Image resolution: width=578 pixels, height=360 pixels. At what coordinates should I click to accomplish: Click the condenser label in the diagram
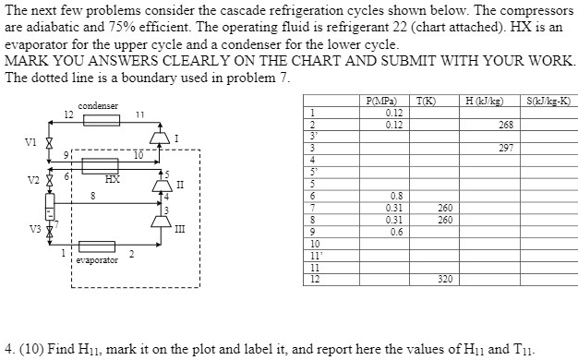pyautogui.click(x=98, y=106)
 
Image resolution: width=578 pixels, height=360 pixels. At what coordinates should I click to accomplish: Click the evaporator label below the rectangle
pyautogui.click(x=97, y=261)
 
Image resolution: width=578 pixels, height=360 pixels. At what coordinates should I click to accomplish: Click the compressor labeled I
pyautogui.click(x=157, y=139)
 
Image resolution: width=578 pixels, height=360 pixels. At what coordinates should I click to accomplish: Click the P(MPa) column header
pyautogui.click(x=380, y=101)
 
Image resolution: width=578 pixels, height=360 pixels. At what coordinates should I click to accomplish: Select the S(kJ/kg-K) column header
pyautogui.click(x=548, y=101)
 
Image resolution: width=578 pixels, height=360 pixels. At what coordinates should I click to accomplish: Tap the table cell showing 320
pyautogui.click(x=445, y=278)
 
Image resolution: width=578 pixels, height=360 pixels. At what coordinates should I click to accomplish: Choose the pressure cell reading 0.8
pyautogui.click(x=395, y=196)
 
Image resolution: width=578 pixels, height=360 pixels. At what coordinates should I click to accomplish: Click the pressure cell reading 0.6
pyautogui.click(x=395, y=232)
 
